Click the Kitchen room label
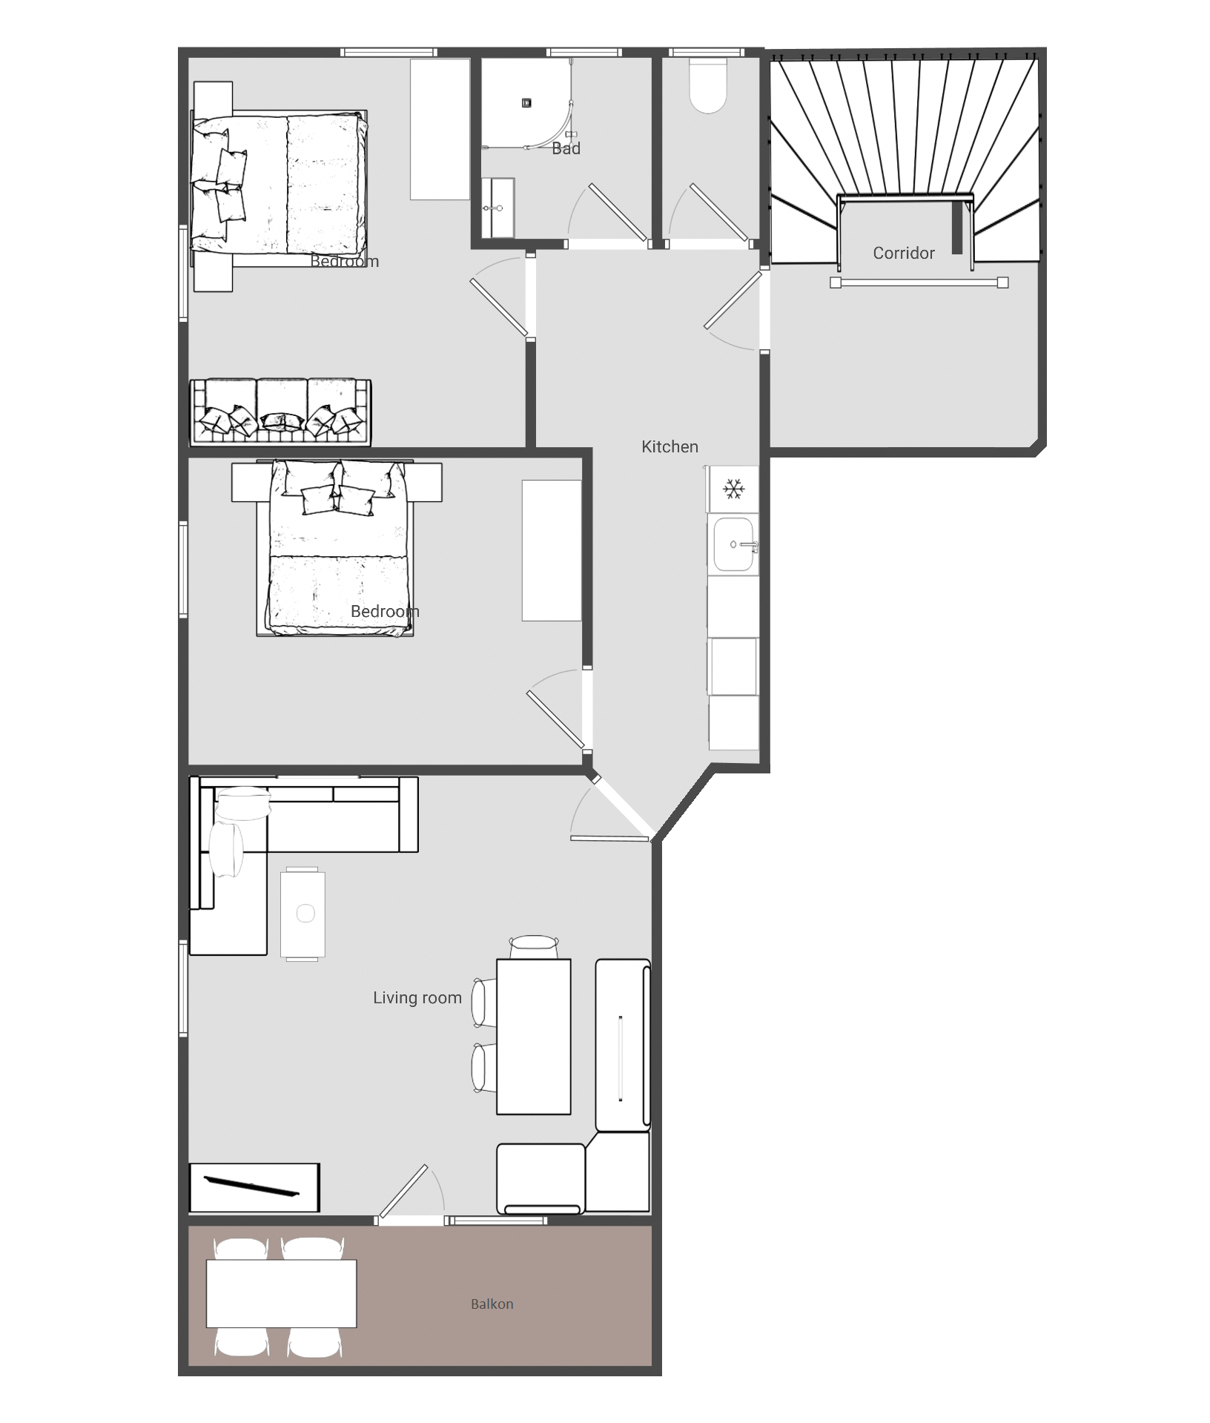(670, 446)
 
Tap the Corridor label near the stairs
(903, 253)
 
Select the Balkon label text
(492, 1304)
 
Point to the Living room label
(417, 997)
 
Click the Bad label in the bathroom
(566, 148)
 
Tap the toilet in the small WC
(708, 86)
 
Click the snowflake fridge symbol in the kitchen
(733, 489)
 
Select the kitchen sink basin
(733, 545)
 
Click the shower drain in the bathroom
(526, 103)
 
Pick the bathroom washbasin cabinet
(497, 208)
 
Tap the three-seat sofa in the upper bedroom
(280, 412)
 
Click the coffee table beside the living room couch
(302, 914)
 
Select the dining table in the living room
(533, 1036)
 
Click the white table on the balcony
(281, 1293)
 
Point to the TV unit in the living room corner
(254, 1187)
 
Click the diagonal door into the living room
(621, 807)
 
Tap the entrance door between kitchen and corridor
(733, 300)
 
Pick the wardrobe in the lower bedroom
(552, 550)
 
